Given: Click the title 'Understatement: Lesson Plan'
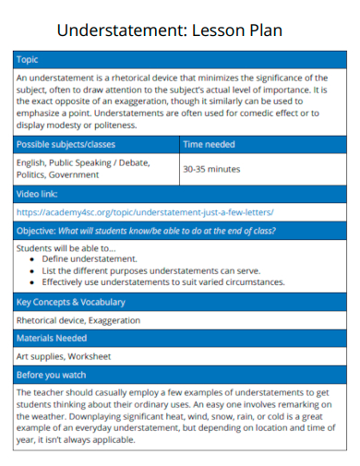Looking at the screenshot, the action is pos(169,30).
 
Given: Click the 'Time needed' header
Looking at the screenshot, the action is pos(209,145).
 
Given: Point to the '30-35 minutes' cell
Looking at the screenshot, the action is pos(211,170).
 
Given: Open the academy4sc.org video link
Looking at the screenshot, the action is pos(145,211).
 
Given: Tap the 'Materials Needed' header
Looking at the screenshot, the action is pos(54,338).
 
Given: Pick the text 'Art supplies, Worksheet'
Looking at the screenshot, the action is pos(64,355).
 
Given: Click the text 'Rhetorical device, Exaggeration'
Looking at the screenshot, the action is pos(78,320).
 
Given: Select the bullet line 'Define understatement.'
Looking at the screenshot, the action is pos(90,259).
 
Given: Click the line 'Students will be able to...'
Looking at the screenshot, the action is pos(66,248).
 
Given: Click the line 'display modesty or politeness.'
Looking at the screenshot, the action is pos(77,125).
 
